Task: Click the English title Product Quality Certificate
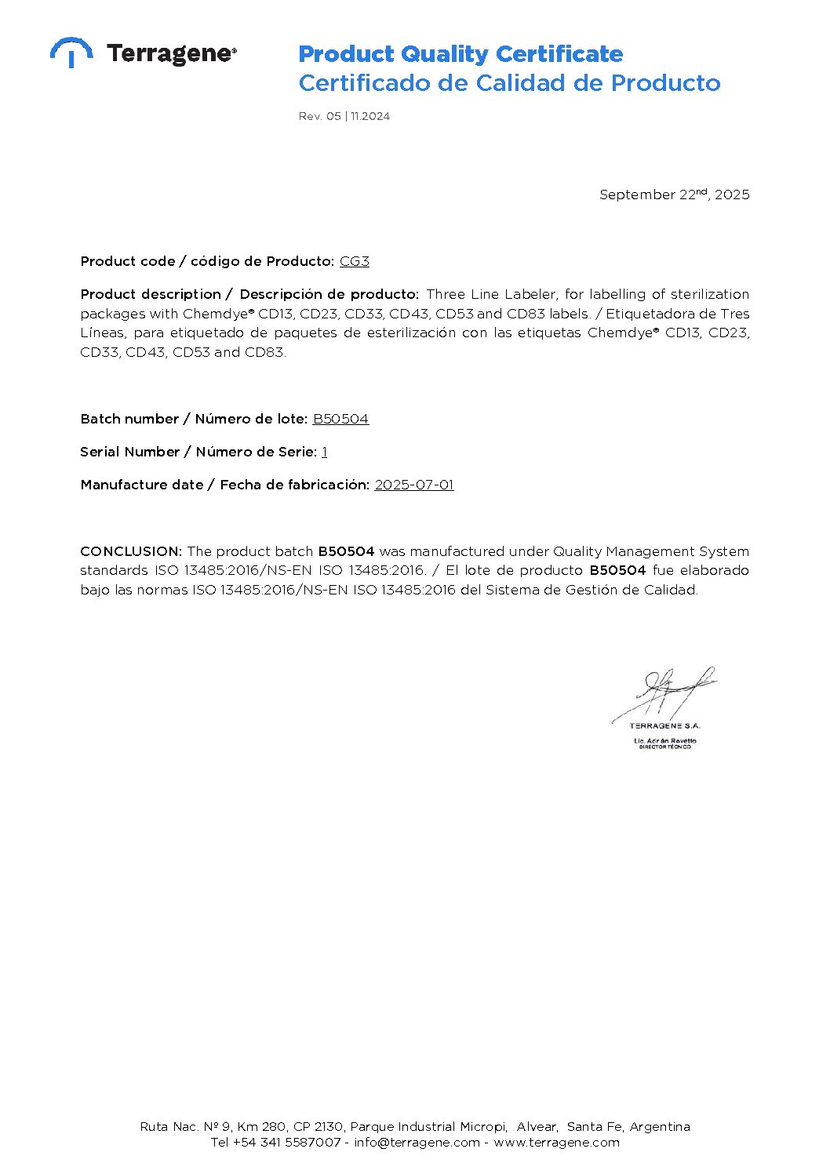point(461,54)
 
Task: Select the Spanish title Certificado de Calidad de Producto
point(509,83)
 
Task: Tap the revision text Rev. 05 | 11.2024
point(344,116)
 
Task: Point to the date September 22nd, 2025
point(674,194)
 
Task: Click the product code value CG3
point(354,261)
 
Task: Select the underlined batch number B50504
point(340,419)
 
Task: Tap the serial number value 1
point(324,452)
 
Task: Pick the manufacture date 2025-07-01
point(413,485)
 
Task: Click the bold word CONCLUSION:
point(131,551)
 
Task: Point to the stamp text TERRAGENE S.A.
point(664,725)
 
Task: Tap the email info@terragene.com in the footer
point(417,1143)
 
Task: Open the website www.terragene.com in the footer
point(556,1143)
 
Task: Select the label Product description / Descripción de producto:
point(249,294)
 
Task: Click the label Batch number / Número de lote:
point(193,419)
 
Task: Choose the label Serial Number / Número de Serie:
point(198,452)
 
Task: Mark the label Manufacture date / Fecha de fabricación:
point(224,485)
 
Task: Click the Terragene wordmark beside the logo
point(171,53)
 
